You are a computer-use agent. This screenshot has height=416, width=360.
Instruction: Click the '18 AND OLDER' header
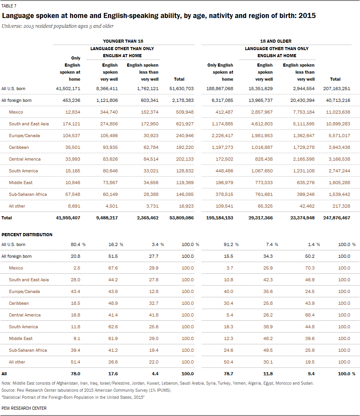(x=275, y=41)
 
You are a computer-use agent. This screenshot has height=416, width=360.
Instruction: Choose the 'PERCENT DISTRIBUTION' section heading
(x=27, y=235)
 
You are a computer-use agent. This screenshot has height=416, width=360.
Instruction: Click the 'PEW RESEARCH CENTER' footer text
(x=24, y=408)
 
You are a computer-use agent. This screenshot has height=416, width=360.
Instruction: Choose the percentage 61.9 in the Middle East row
(x=113, y=338)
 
